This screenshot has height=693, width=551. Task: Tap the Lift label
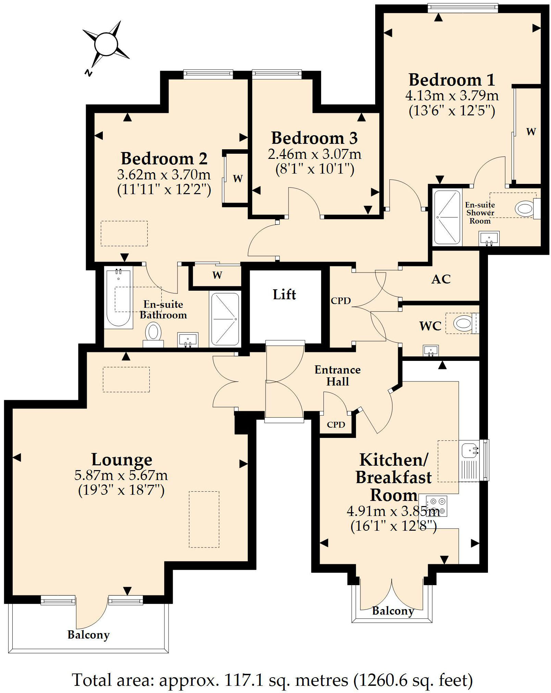point(284,294)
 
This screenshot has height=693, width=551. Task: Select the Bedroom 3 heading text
point(314,138)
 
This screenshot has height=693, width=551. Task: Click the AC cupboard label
point(441,279)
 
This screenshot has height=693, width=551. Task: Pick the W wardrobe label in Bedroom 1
point(531,131)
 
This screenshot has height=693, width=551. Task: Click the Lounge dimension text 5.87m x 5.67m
point(121,475)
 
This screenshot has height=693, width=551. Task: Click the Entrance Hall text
point(337,376)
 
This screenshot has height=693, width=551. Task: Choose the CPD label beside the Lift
point(341,301)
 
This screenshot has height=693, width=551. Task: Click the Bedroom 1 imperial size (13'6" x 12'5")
point(452,111)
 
